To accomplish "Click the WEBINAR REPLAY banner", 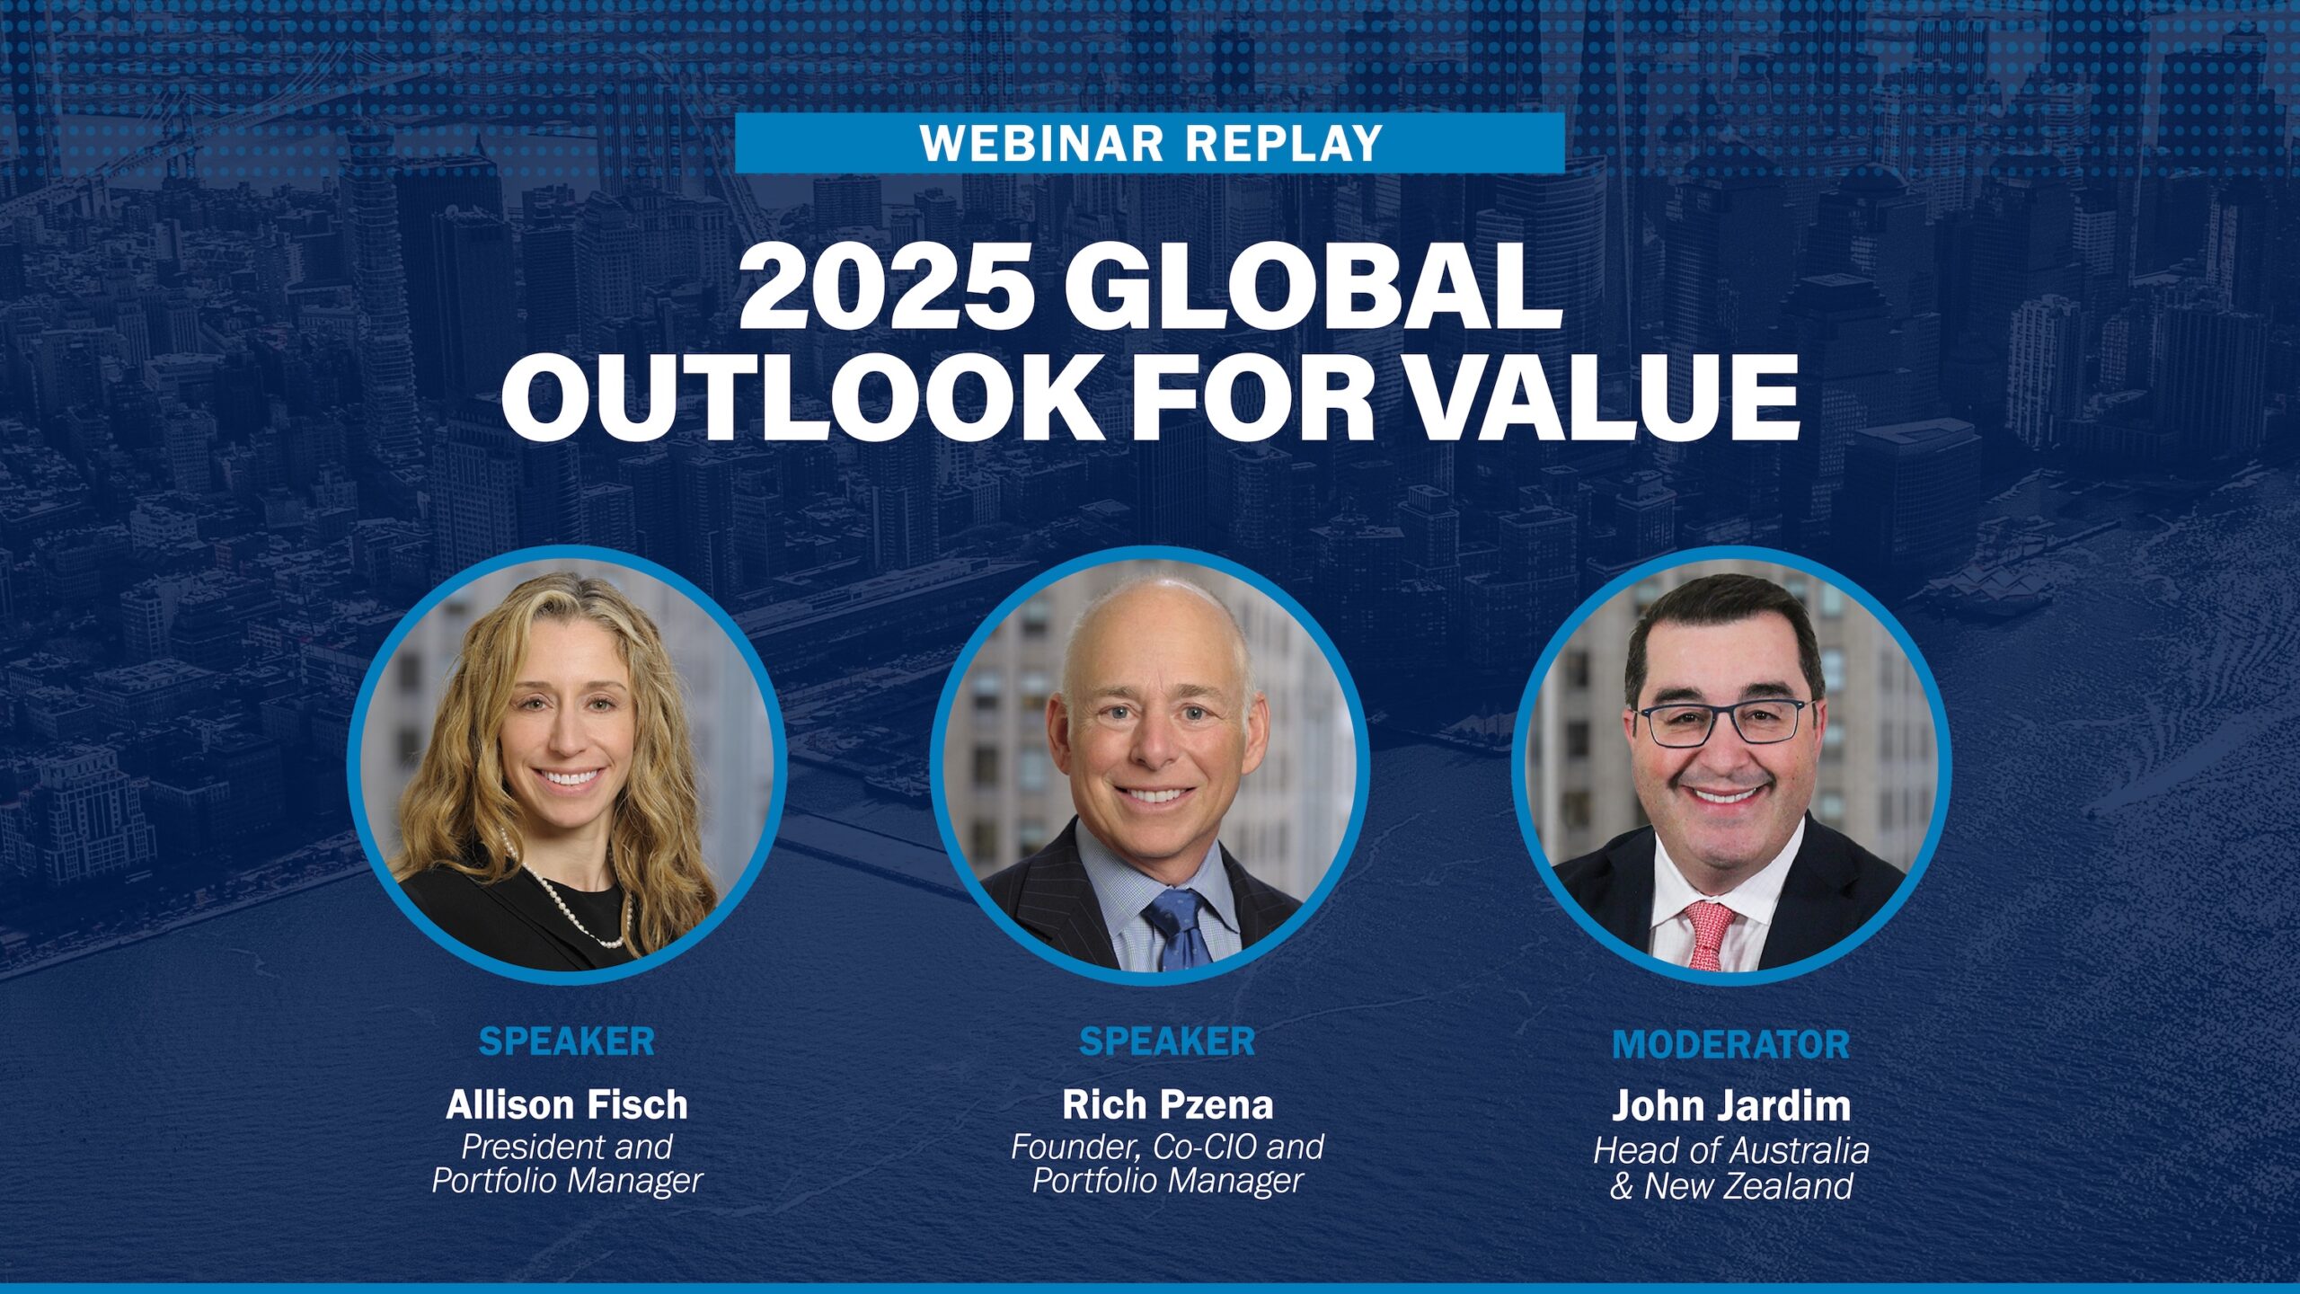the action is [1150, 143].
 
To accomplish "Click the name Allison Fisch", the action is [567, 1104].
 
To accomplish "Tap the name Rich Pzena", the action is [1167, 1104].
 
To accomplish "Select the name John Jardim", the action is [1731, 1105].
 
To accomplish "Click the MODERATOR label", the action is [1731, 1044].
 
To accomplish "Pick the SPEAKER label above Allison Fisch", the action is [567, 1041].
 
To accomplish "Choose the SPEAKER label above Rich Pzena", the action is [1167, 1041].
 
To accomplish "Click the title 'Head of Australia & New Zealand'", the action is [1731, 1168].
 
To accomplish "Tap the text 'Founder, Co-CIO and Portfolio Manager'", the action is [1167, 1164].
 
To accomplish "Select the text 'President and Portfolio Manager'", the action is [567, 1164].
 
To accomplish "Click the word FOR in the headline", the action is [1252, 396].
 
